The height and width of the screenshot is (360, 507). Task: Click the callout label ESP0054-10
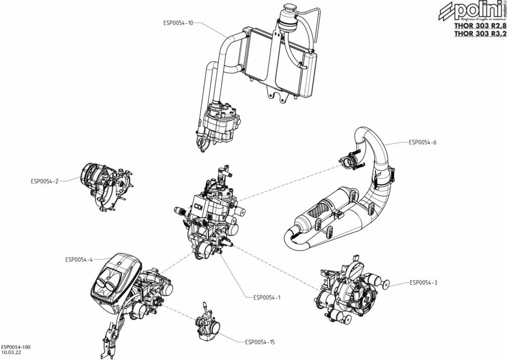tap(178, 22)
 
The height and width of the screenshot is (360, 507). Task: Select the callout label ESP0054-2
tap(45, 181)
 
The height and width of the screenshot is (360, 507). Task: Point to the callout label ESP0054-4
tap(79, 259)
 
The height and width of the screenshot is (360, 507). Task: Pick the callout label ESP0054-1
tap(267, 298)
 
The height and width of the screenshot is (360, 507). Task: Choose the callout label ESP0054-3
tap(423, 283)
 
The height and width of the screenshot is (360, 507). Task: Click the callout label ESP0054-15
tap(260, 342)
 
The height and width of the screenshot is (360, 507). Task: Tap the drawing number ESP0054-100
tap(15, 348)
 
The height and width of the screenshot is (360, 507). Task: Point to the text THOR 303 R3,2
tap(480, 34)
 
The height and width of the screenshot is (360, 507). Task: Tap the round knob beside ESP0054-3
tap(385, 284)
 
